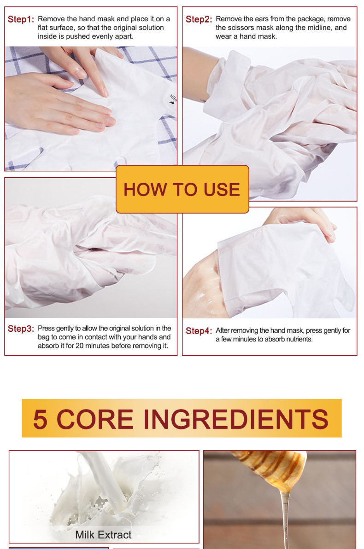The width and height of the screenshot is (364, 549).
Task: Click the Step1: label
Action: [21, 20]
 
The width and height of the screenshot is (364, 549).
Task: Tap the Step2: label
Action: [199, 20]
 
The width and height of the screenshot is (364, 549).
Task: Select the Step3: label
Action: [21, 329]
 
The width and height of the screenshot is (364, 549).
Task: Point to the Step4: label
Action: [199, 331]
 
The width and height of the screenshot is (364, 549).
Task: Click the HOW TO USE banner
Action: [182, 190]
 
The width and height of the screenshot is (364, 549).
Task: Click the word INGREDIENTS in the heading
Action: [236, 419]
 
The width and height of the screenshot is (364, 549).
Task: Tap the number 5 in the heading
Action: [41, 419]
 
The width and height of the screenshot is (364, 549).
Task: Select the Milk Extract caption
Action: [103, 535]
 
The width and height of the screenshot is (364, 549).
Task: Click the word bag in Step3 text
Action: [44, 337]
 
